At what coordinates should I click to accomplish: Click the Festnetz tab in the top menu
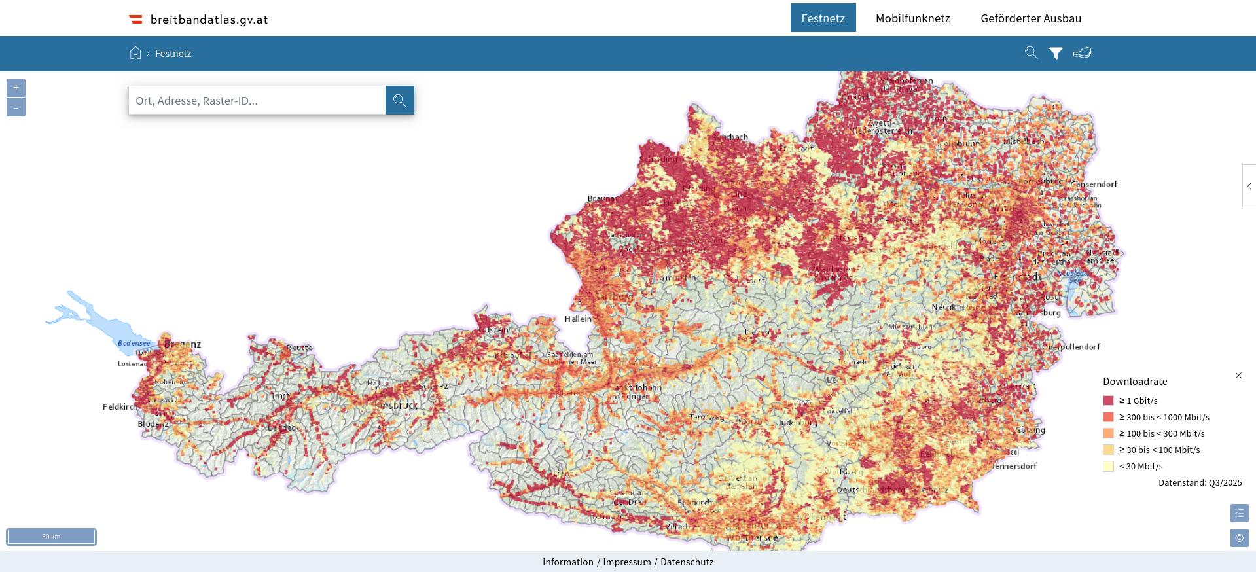[823, 18]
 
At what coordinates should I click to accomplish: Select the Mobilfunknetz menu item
[912, 18]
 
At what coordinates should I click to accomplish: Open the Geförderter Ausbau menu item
[1030, 18]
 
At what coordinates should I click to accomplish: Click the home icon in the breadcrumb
[135, 54]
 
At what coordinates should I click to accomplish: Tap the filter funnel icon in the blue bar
[1056, 54]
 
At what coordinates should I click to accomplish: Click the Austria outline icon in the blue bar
[1082, 53]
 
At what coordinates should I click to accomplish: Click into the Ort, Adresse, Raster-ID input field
[257, 101]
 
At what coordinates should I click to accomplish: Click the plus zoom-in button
[16, 88]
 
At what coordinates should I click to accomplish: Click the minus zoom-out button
[16, 107]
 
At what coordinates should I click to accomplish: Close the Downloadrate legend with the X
[1238, 375]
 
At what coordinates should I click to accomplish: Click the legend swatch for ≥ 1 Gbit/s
[1108, 401]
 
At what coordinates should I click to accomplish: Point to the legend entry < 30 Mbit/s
[1140, 466]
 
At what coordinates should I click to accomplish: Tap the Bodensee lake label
[134, 343]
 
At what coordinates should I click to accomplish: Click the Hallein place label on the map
[577, 319]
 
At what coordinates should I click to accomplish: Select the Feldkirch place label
[120, 407]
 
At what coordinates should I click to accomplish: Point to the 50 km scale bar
[51, 537]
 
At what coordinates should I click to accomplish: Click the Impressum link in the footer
[626, 562]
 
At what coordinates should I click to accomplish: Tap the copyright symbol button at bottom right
[1239, 538]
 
